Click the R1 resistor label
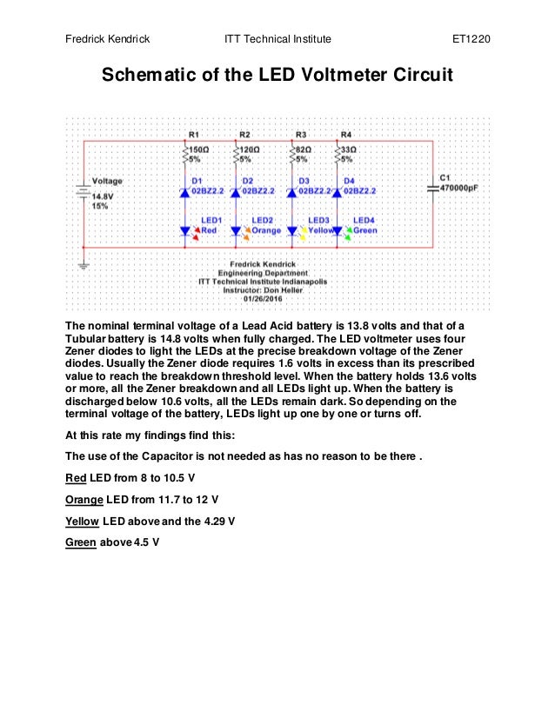click(x=193, y=135)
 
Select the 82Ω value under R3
click(x=302, y=149)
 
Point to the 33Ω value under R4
click(x=347, y=149)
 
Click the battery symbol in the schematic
click(x=84, y=193)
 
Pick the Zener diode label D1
click(x=197, y=181)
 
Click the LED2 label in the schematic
click(x=262, y=221)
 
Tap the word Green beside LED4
click(x=365, y=230)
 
